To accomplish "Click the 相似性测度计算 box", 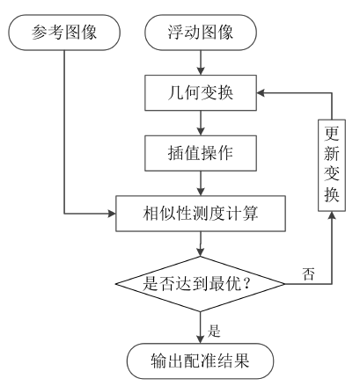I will [202, 214].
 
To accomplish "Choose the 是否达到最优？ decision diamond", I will [202, 283].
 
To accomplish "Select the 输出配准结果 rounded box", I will [202, 360].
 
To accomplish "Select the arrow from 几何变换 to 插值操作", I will [202, 123].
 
